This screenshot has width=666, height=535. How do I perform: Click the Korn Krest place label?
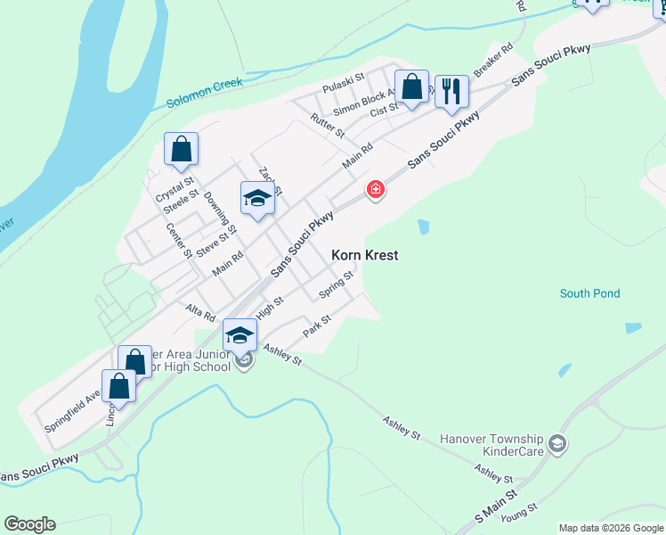pos(364,255)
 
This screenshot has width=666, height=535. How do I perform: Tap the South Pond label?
pos(589,293)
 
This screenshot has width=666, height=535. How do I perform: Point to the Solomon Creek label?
pos(204,94)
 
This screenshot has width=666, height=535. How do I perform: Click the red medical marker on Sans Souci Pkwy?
pos(376,190)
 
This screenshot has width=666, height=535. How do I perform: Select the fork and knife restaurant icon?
pos(451,91)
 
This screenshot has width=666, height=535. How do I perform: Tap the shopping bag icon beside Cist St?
pos(411,87)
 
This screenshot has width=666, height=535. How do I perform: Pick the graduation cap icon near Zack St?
pos(257,199)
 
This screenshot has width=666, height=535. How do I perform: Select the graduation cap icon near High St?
pos(239,335)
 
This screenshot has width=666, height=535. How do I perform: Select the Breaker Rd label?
pos(494,60)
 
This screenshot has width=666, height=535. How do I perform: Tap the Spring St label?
pos(337,286)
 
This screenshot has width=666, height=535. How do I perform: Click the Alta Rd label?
pos(200,313)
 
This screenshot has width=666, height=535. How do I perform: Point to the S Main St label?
pos(496,506)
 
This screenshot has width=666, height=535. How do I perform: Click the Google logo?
pos(29,524)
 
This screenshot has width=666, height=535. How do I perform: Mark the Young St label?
pos(519,512)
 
